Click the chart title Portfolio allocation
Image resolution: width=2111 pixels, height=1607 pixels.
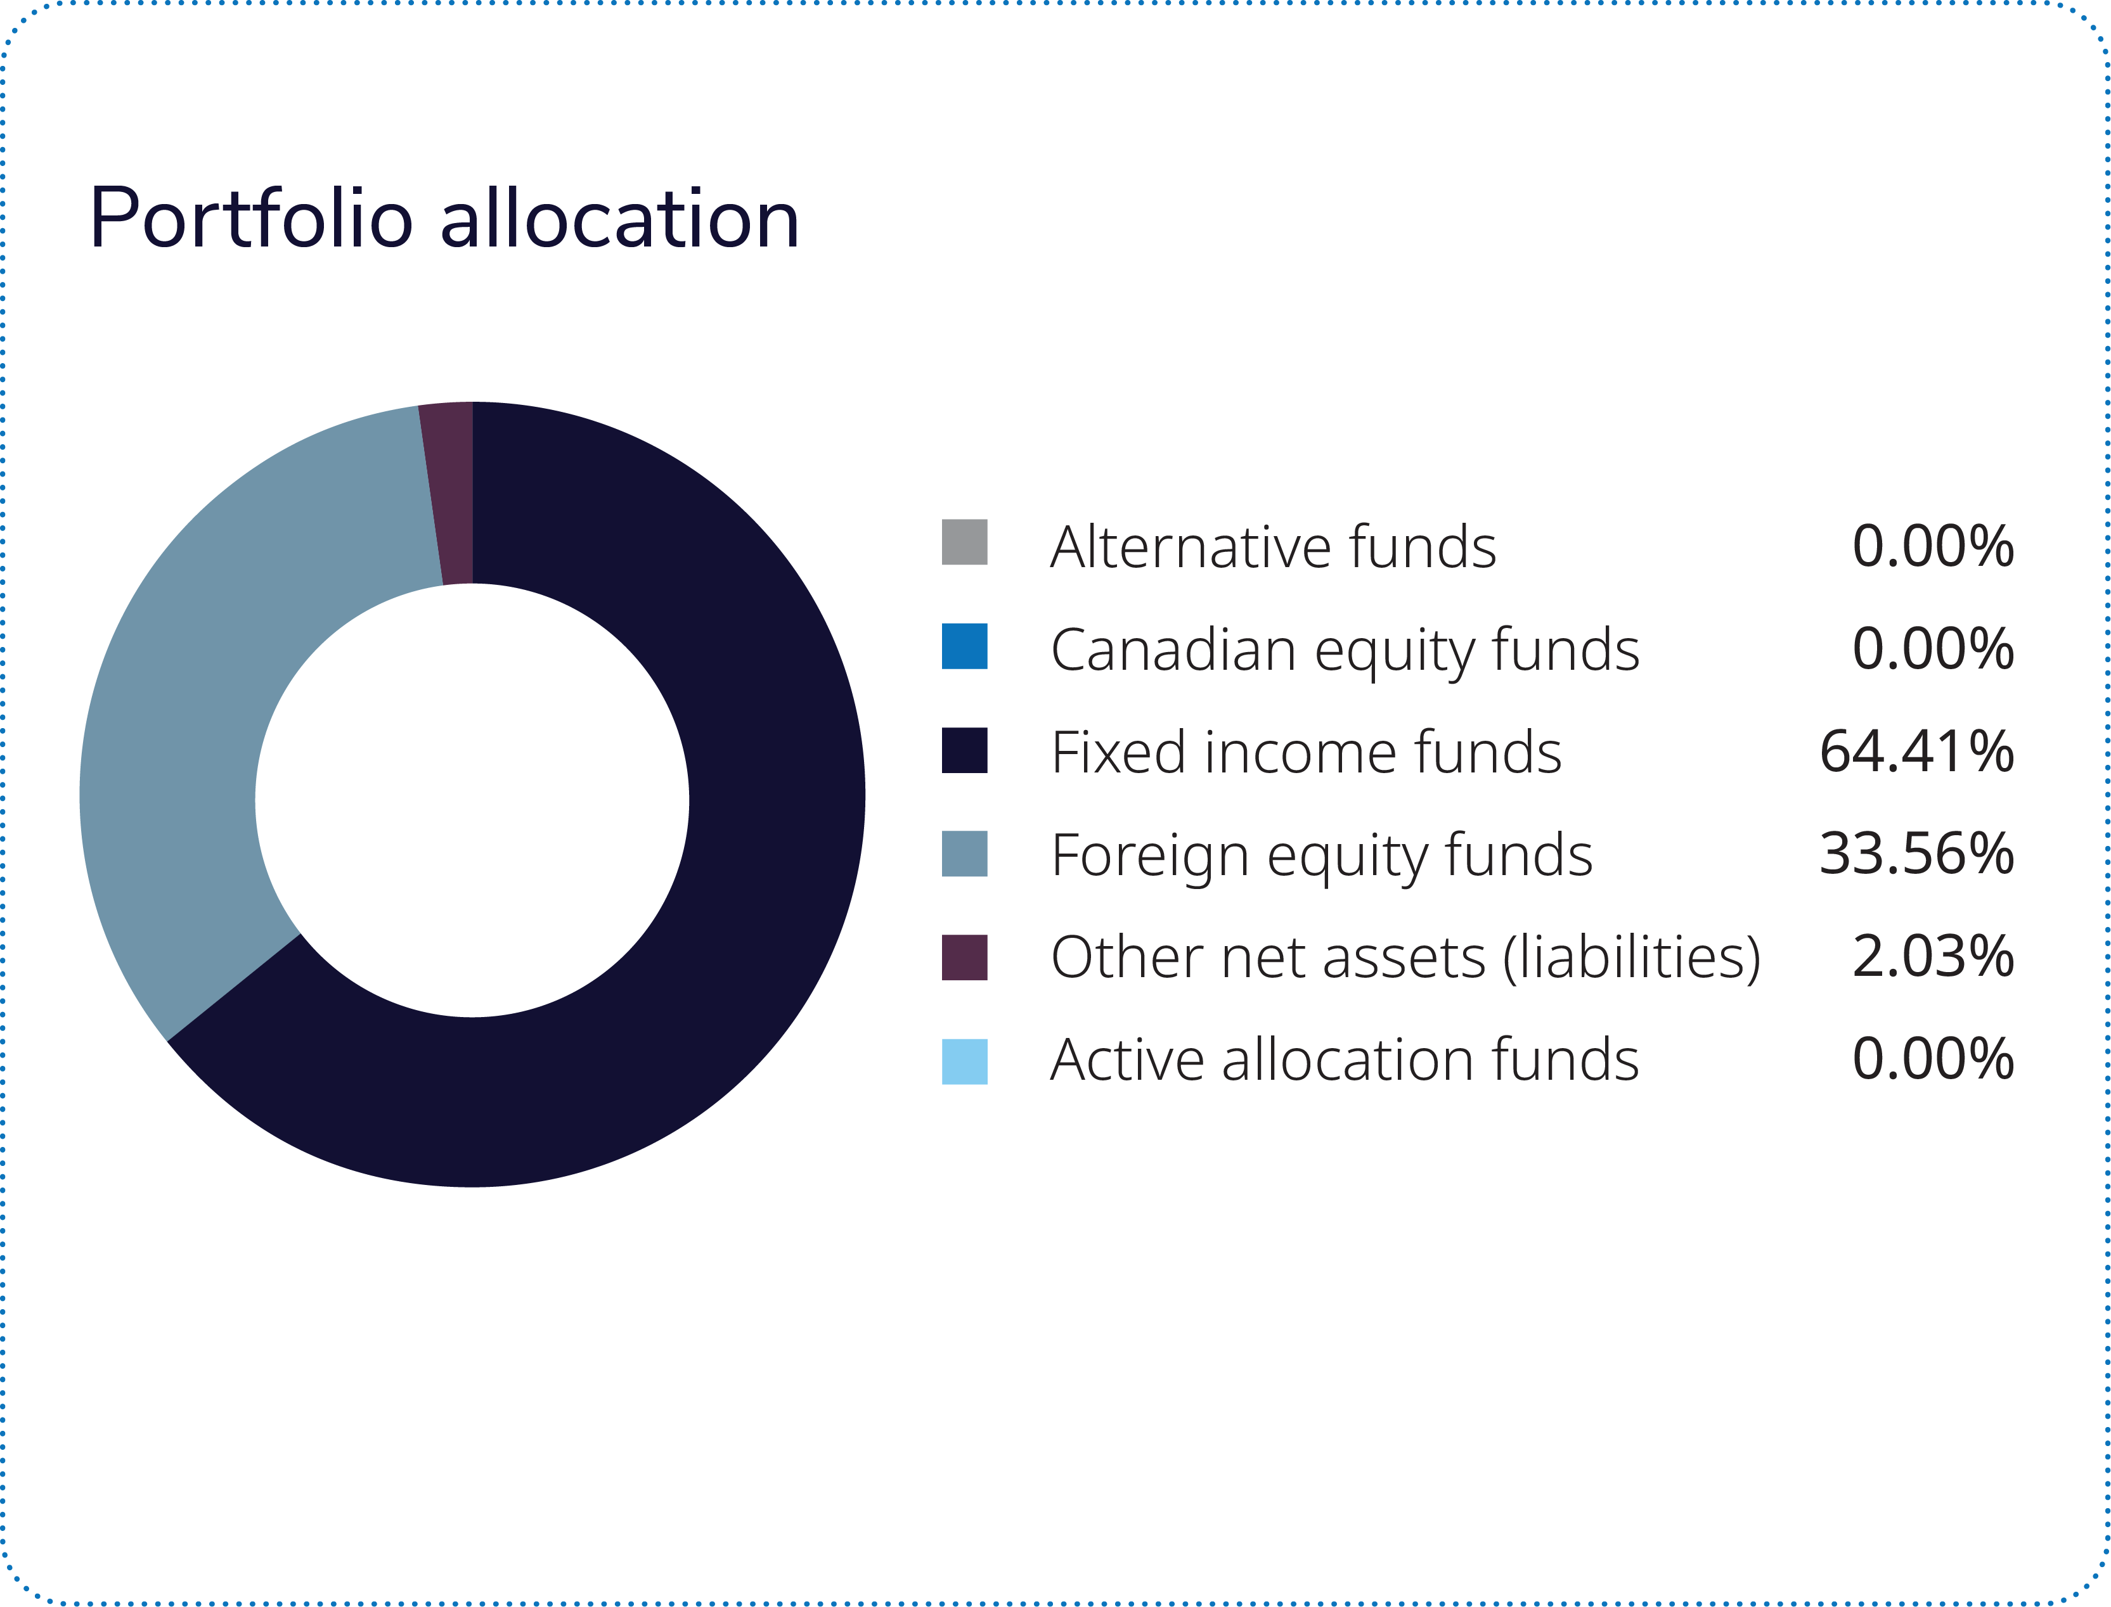coord(444,219)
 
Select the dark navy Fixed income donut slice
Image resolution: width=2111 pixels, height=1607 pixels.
coord(727,861)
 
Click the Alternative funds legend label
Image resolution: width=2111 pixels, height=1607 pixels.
coord(1273,547)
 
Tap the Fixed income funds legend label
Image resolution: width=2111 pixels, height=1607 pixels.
coord(1306,753)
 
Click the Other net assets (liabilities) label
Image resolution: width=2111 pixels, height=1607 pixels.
coord(1405,957)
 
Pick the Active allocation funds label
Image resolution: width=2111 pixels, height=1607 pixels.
coord(1345,1060)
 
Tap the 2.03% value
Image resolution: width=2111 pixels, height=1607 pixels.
coord(1933,957)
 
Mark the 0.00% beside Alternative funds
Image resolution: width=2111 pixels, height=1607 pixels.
coord(1933,546)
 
